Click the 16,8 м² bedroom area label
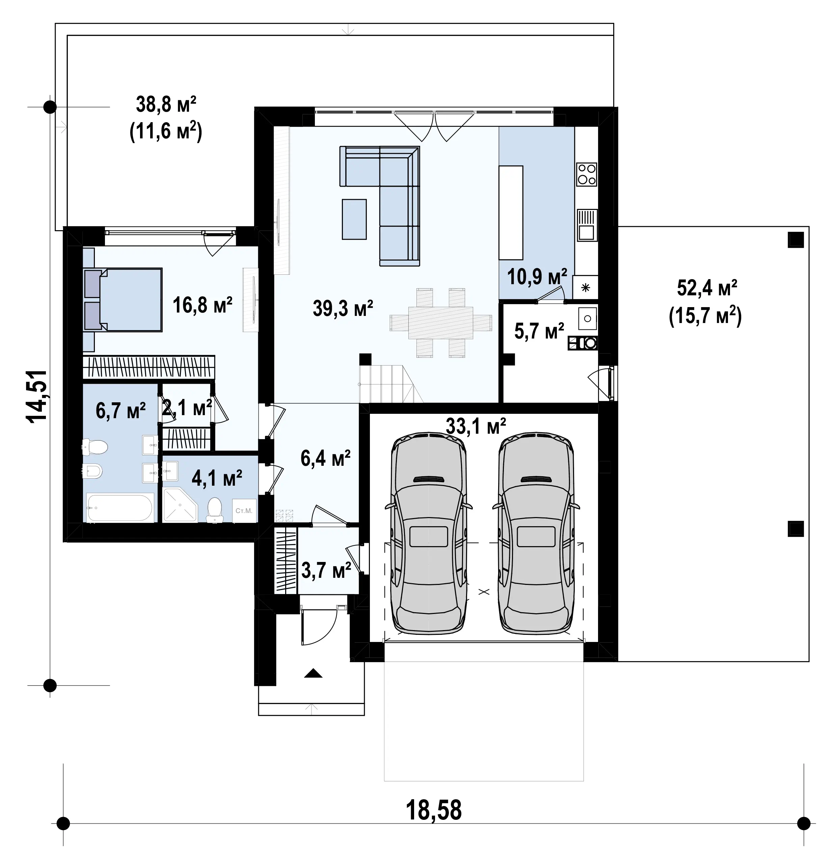[202, 305]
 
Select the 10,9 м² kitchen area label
[537, 276]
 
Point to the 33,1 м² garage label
[476, 426]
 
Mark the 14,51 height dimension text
[37, 396]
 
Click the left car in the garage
[429, 533]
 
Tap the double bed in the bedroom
[123, 299]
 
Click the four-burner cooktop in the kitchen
[587, 174]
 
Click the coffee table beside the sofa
[354, 219]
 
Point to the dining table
[440, 323]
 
